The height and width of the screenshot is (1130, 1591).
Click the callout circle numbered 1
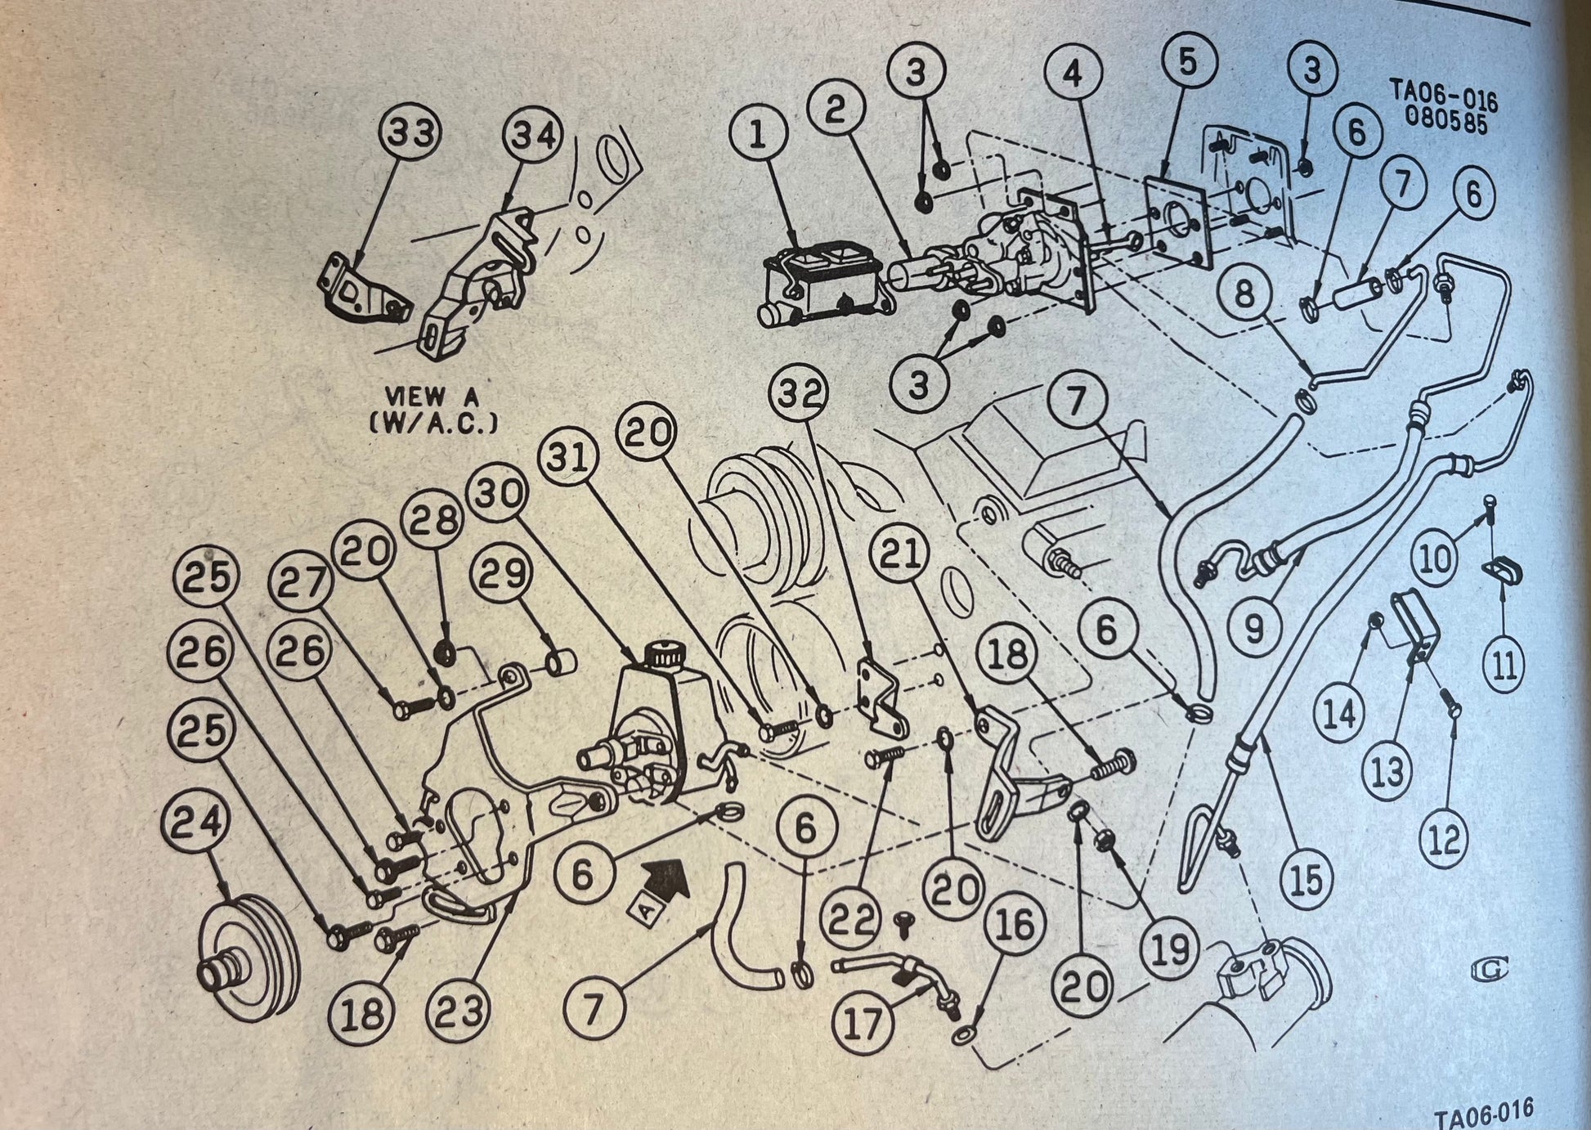point(759,136)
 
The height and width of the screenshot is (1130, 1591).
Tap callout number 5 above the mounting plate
point(1187,62)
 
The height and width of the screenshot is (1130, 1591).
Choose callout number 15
point(1306,878)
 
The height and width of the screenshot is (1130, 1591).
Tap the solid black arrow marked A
point(665,880)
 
